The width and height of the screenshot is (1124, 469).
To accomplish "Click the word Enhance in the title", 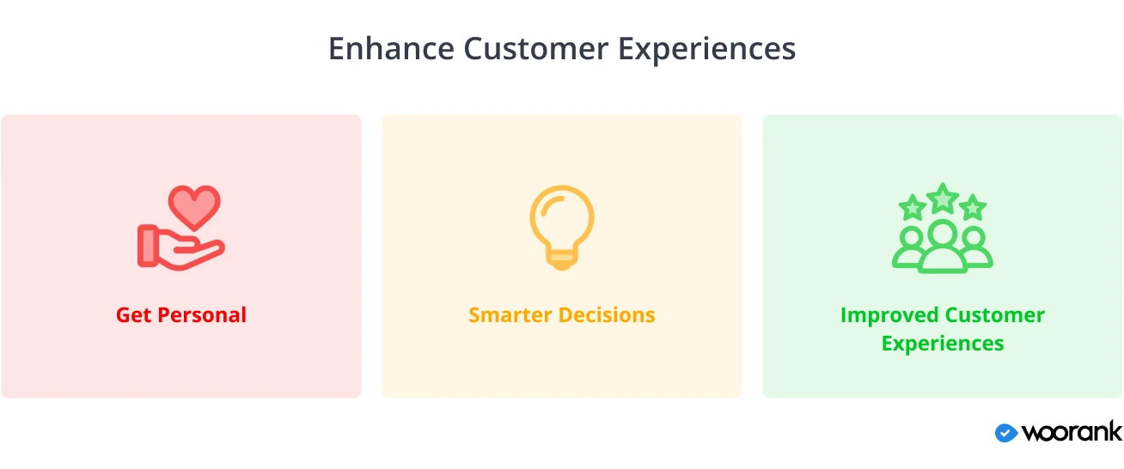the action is [391, 49].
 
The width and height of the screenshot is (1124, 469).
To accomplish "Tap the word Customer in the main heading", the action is [536, 49].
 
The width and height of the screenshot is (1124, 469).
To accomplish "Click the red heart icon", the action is [194, 207].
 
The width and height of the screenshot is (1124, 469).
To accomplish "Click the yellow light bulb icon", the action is [562, 228].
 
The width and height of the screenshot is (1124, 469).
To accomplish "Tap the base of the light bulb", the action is [562, 259].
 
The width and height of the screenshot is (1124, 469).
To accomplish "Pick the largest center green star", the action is [943, 198].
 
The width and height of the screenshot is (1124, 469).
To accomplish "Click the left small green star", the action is [913, 207].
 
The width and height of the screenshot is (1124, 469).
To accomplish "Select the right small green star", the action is [973, 207].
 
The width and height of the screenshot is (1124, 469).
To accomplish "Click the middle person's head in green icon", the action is [943, 234].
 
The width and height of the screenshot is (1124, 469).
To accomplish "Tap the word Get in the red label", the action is [133, 315].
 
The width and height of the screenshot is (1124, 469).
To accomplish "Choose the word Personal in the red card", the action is [202, 315].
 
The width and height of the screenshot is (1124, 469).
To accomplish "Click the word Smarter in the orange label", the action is [510, 315].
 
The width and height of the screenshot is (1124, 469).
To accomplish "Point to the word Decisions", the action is [607, 315].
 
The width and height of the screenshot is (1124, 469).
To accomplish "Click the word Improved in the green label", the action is [889, 316].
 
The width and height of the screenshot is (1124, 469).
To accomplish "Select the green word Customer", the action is [994, 315].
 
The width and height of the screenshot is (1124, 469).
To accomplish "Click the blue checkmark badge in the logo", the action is [1006, 433].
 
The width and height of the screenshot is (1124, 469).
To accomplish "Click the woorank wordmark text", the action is [1072, 432].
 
